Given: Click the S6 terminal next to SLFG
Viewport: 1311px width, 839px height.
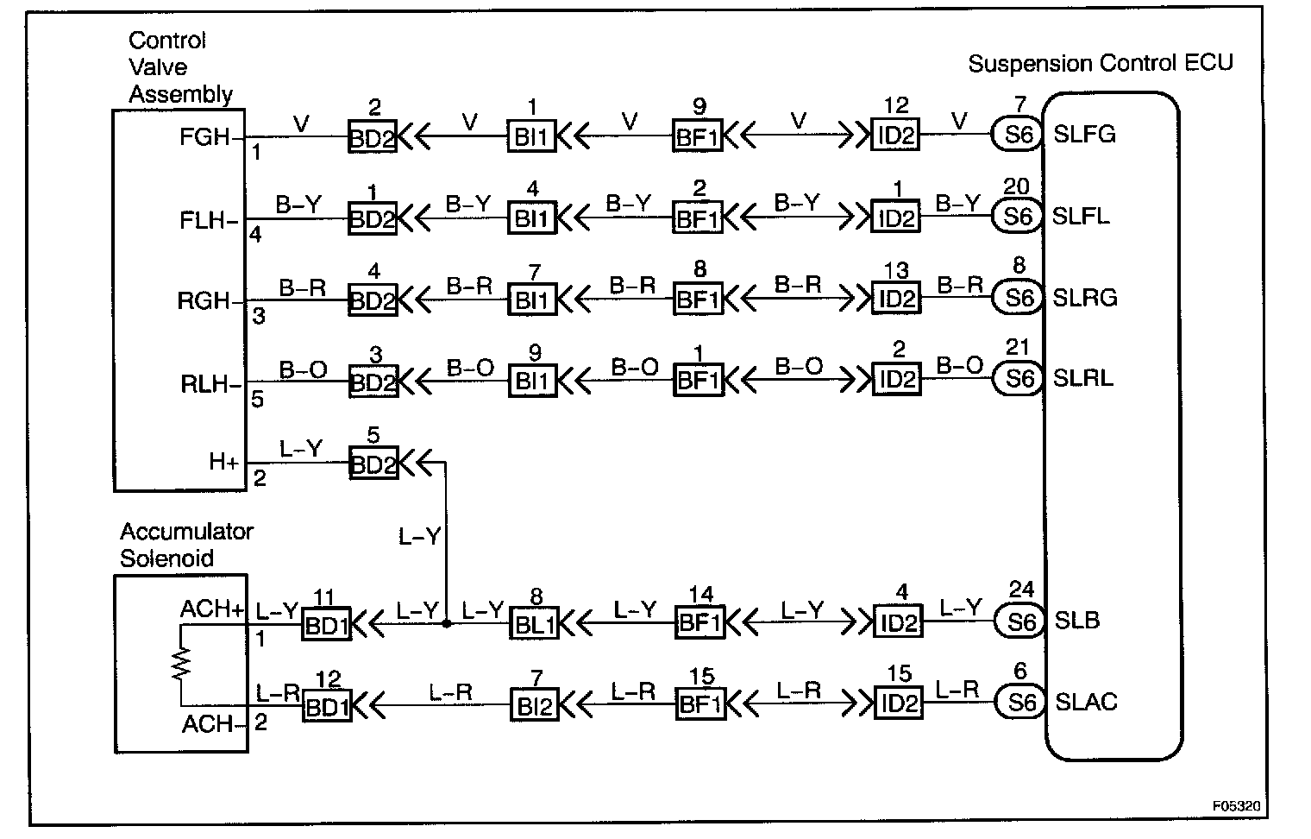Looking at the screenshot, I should tap(1019, 135).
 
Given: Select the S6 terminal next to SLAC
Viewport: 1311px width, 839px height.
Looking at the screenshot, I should tap(1021, 703).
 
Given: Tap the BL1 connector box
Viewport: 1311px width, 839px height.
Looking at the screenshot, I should tap(534, 622).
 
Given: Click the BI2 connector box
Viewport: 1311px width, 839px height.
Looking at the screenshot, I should tap(535, 705).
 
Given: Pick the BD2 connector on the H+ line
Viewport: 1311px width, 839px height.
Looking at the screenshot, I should tap(373, 464).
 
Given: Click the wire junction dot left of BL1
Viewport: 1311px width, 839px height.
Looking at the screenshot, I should tap(446, 622).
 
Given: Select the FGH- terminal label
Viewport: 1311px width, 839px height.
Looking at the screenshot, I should tap(208, 136).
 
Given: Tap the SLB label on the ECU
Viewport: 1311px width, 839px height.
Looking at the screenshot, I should tap(1077, 621).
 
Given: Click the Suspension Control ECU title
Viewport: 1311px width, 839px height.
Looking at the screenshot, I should tap(1101, 63).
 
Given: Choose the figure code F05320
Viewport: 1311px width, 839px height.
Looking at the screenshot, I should tap(1236, 805).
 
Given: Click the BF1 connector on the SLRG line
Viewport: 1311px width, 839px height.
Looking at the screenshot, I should tap(698, 299).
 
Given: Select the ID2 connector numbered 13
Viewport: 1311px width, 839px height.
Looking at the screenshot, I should tap(896, 299).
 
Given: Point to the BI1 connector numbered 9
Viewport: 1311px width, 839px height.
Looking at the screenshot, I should tap(532, 381).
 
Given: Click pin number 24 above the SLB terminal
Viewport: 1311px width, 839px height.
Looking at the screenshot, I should tap(1021, 590).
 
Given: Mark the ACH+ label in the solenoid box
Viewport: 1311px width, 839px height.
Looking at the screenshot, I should tap(212, 609).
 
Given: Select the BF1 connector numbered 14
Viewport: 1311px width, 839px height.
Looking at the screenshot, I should tap(699, 622).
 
